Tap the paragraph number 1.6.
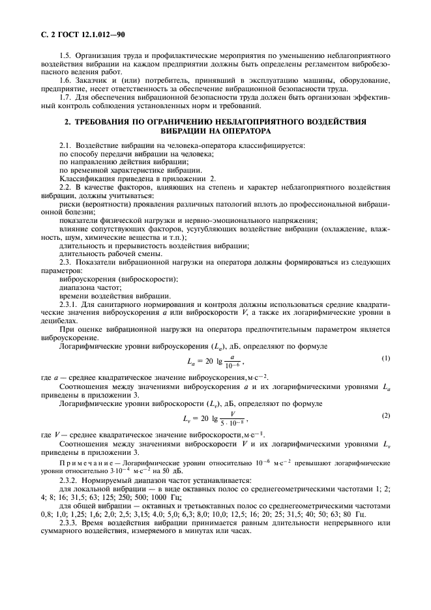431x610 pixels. click(x=65, y=80)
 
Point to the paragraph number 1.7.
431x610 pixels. click(x=65, y=97)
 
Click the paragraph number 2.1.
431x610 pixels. click(x=65, y=145)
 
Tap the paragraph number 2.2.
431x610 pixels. click(x=65, y=187)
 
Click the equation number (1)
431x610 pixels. click(x=385, y=358)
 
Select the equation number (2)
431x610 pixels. click(x=385, y=414)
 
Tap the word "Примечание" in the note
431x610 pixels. click(x=87, y=460)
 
